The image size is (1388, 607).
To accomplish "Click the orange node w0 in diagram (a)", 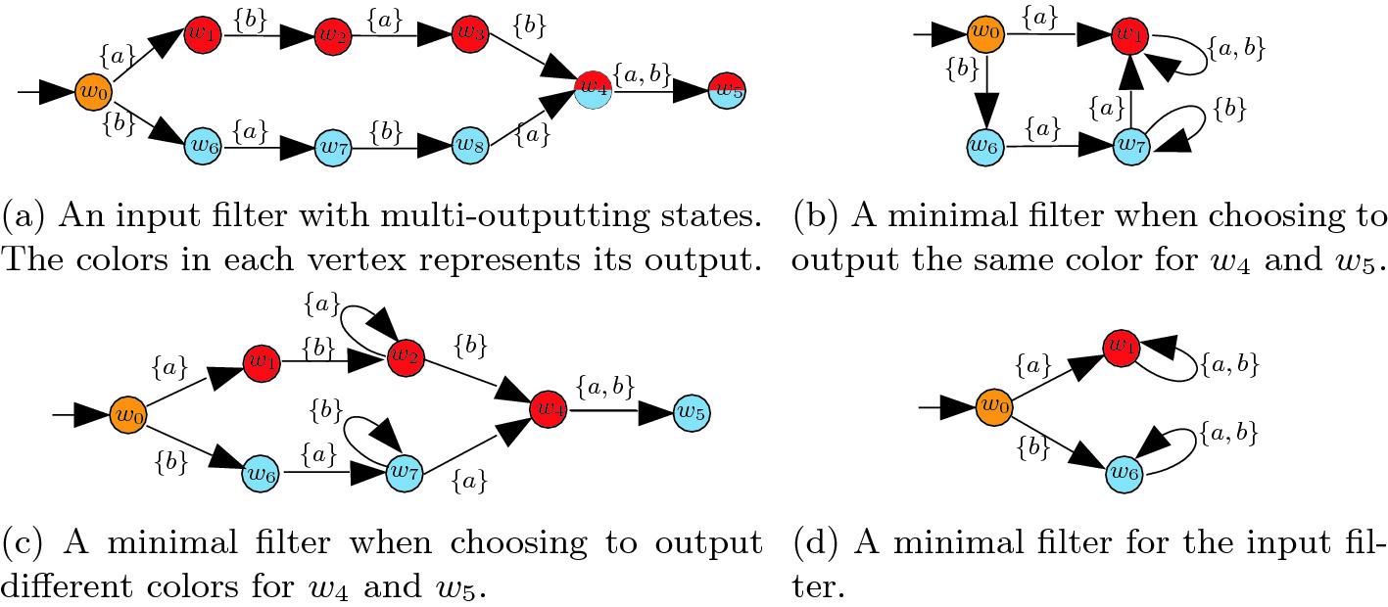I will [93, 93].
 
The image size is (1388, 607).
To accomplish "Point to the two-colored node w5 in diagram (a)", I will [727, 88].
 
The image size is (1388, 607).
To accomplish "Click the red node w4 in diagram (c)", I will [547, 405].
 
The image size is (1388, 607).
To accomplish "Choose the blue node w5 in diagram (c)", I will [692, 413].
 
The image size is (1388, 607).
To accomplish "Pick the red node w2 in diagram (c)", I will [404, 356].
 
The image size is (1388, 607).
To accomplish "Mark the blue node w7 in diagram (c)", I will [404, 472].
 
